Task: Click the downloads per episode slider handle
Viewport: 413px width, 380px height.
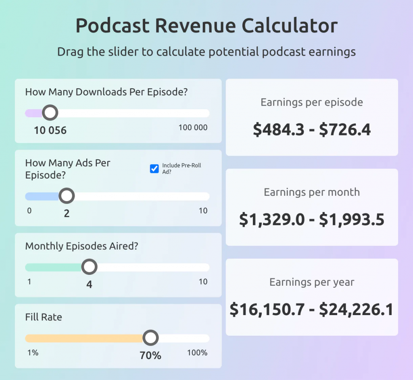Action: (50, 113)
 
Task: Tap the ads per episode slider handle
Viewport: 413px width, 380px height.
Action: (67, 196)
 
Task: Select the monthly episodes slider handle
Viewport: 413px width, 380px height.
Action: (89, 267)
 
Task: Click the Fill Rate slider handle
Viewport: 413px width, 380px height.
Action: (151, 338)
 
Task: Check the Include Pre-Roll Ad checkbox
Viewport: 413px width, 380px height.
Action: (154, 168)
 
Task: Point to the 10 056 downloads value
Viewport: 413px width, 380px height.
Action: (50, 130)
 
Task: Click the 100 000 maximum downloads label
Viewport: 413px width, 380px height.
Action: (193, 128)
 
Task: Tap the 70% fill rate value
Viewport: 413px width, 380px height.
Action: (150, 355)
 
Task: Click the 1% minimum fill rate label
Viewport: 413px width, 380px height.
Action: (33, 353)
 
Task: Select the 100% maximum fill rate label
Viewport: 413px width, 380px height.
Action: (197, 353)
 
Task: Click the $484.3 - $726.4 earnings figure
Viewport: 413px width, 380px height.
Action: (312, 129)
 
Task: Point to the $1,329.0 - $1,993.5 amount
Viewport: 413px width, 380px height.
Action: (312, 220)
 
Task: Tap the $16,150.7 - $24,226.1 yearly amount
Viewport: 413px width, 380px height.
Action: (312, 309)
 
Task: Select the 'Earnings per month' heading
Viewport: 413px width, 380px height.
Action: (312, 192)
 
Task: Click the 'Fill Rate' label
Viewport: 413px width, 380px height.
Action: (44, 317)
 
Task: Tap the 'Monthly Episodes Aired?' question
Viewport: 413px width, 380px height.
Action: (81, 246)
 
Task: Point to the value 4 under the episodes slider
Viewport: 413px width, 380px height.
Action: (89, 284)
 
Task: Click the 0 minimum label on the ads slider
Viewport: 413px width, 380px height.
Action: (29, 211)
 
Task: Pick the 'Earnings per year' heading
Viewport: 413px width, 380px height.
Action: (312, 282)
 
